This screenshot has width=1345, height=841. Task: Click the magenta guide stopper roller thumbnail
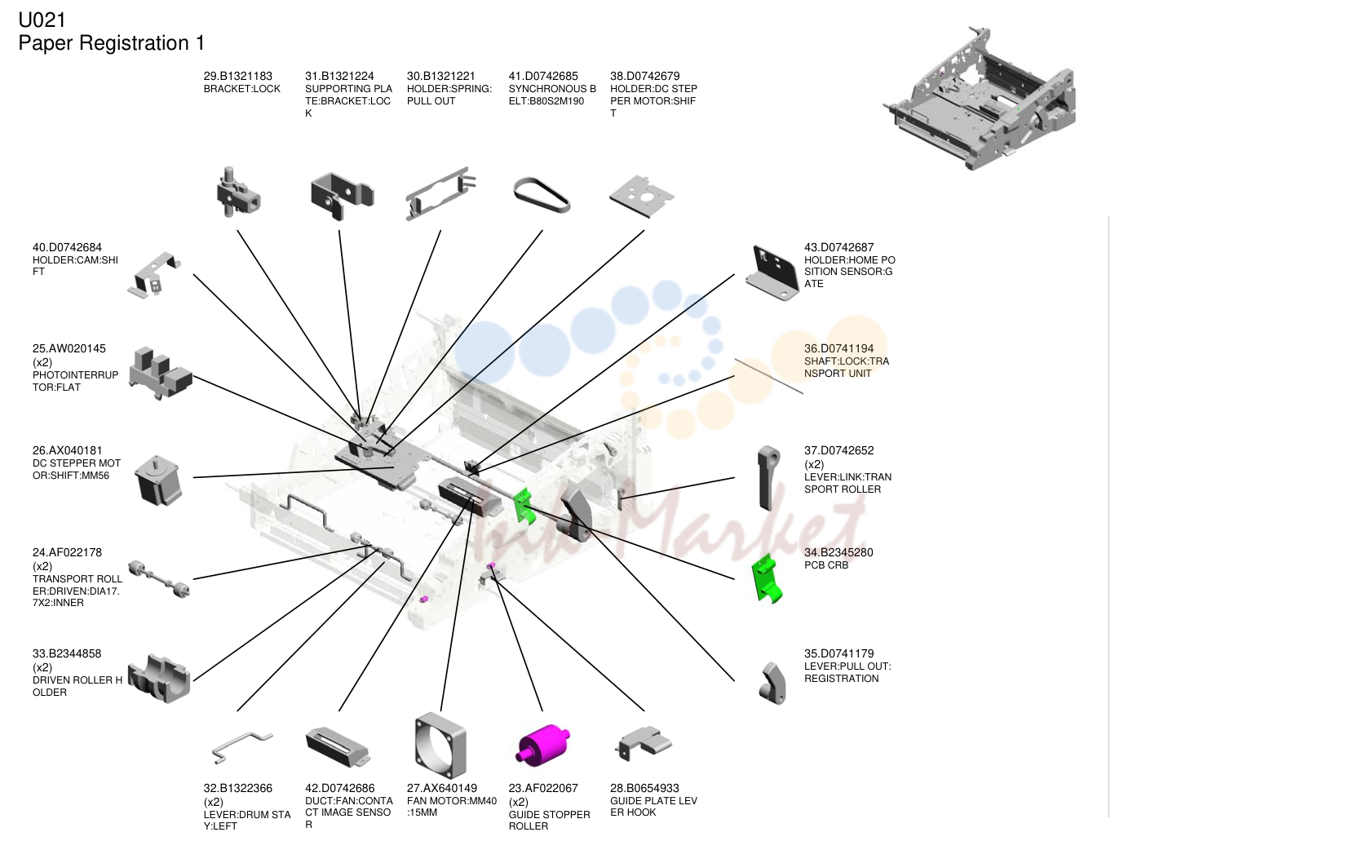pyautogui.click(x=542, y=745)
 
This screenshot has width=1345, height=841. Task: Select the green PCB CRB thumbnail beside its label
pyautogui.click(x=767, y=578)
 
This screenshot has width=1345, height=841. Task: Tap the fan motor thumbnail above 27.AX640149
pyautogui.click(x=440, y=745)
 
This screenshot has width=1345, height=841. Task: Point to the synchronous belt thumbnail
pyautogui.click(x=542, y=195)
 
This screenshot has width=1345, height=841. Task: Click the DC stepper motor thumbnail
pyautogui.click(x=157, y=480)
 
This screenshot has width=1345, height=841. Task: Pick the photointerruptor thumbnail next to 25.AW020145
pyautogui.click(x=160, y=373)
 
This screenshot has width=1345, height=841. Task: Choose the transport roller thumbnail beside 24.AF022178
pyautogui.click(x=159, y=578)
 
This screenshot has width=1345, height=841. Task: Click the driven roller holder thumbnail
pyautogui.click(x=159, y=679)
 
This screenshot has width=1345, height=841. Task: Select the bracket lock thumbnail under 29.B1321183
pyautogui.click(x=238, y=192)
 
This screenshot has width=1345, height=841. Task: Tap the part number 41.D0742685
pyautogui.click(x=542, y=76)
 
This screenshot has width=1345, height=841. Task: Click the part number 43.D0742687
pyautogui.click(x=838, y=247)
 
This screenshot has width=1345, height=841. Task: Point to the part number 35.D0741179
pyautogui.click(x=838, y=653)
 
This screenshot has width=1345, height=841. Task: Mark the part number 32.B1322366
pyautogui.click(x=238, y=788)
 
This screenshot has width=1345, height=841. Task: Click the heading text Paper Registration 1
pyautogui.click(x=112, y=43)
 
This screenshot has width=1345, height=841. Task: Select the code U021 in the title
pyautogui.click(x=42, y=20)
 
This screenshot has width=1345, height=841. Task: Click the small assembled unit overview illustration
pyautogui.click(x=980, y=99)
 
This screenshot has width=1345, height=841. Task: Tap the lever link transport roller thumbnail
pyautogui.click(x=768, y=478)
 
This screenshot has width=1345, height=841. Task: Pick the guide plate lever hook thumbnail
pyautogui.click(x=643, y=743)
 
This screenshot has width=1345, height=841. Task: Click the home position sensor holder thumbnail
pyautogui.click(x=772, y=272)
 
